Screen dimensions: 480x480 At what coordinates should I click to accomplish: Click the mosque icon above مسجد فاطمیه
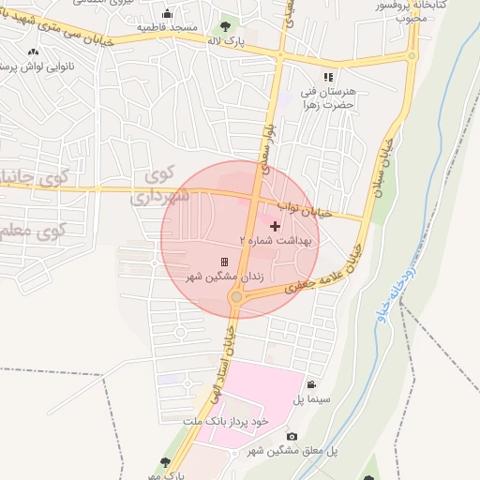(x=167, y=13)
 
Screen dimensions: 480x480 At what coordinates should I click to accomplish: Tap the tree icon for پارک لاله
(x=224, y=26)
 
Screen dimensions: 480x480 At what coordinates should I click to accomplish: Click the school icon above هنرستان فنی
(x=327, y=77)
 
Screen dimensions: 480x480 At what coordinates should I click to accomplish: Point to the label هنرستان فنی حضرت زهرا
(x=327, y=99)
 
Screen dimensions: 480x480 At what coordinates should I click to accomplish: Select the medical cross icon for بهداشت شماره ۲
(x=274, y=226)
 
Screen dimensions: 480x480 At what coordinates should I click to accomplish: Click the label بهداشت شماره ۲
(x=280, y=241)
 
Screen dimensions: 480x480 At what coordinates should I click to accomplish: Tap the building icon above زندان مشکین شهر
(x=224, y=262)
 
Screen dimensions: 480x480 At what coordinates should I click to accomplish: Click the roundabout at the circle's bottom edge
(x=235, y=297)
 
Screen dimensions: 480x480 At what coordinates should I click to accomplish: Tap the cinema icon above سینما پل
(x=310, y=384)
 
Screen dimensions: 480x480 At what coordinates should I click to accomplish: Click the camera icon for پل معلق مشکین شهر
(x=292, y=436)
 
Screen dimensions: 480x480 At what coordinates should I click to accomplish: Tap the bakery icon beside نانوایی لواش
(x=34, y=52)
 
